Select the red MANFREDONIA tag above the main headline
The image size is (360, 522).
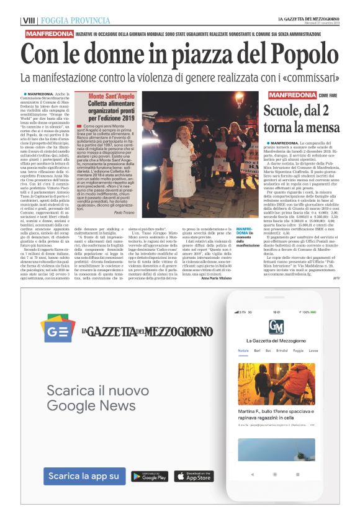pos(51,34)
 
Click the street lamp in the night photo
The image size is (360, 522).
pos(239,98)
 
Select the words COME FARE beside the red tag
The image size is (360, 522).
pos(329,96)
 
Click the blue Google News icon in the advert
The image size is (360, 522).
pos(58,328)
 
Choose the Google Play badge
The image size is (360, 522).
pos(150,477)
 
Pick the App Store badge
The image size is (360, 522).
pos(193,477)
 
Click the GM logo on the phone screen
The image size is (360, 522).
pos(276,326)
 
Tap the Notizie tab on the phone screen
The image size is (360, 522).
pos(243,351)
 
